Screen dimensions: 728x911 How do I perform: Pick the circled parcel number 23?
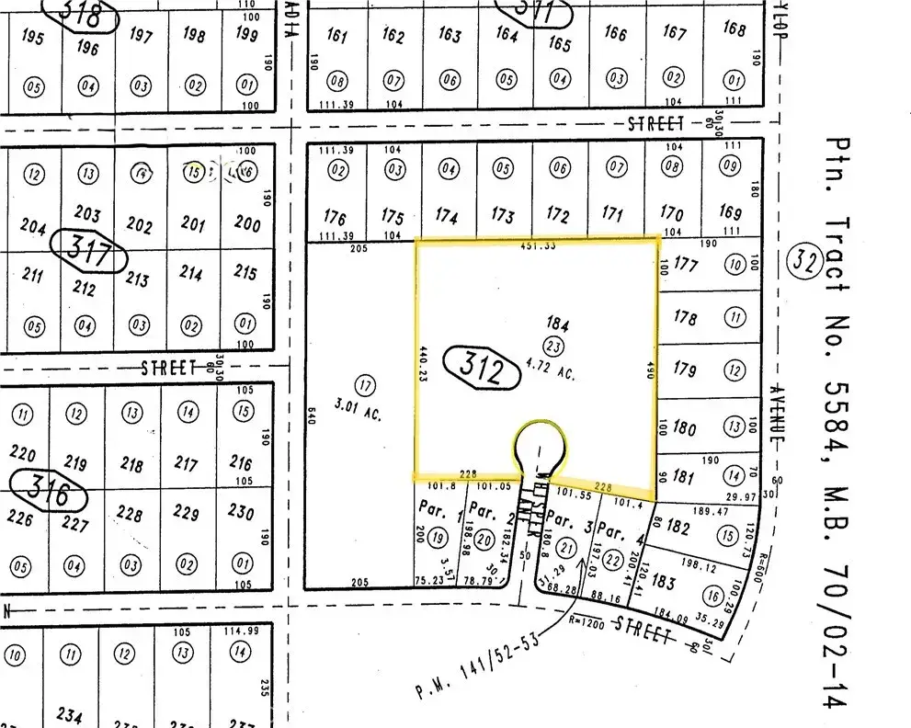coord(553,346)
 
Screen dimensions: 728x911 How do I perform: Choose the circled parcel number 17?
coord(365,386)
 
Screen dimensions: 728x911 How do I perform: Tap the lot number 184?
coord(558,324)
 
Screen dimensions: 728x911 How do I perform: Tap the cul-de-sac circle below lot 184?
coord(541,447)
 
